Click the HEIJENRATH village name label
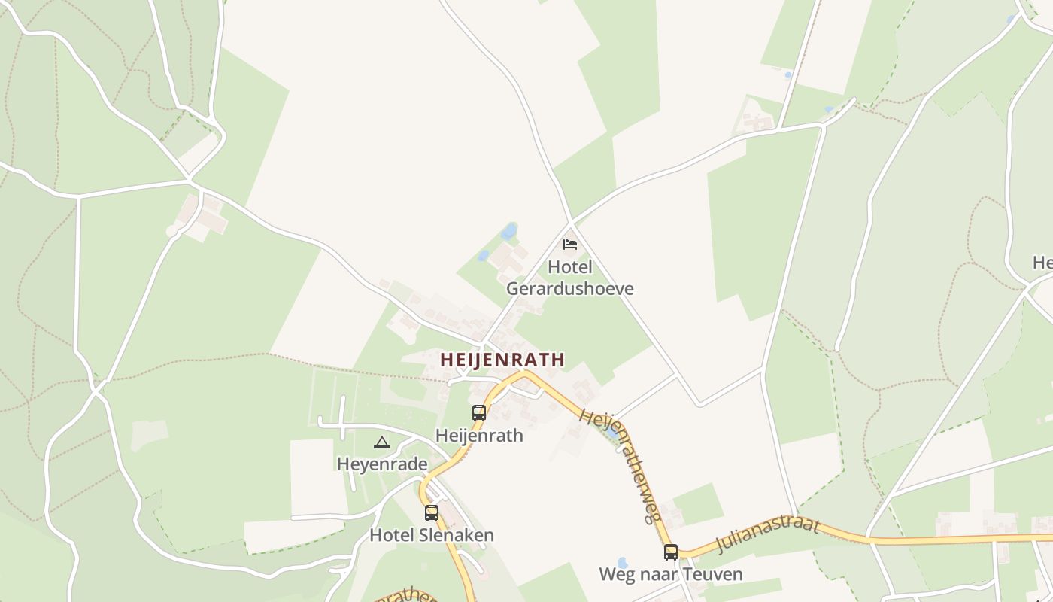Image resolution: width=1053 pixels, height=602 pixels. [x=502, y=360]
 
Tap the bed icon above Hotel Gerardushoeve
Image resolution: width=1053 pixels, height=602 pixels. [x=570, y=245]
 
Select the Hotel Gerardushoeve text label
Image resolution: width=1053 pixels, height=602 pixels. [x=570, y=278]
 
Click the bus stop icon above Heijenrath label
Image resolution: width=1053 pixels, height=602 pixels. [x=479, y=412]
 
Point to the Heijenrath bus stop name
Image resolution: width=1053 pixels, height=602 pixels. [x=479, y=436]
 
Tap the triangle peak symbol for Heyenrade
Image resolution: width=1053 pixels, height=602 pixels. [x=382, y=442]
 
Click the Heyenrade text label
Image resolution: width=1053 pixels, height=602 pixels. [x=382, y=464]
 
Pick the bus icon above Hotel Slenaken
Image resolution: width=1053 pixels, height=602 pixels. [x=432, y=513]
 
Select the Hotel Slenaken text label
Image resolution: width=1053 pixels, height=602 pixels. [x=432, y=535]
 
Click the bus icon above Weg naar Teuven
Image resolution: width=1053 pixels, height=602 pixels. [x=671, y=552]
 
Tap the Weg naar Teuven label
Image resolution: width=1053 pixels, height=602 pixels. [x=671, y=574]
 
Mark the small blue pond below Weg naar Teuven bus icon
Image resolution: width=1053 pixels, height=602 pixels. [x=622, y=563]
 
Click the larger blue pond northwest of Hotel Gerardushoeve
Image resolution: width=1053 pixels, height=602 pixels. [x=509, y=230]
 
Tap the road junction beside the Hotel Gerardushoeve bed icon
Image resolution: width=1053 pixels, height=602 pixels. [x=572, y=223]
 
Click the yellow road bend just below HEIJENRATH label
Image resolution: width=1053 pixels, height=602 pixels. [x=524, y=373]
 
